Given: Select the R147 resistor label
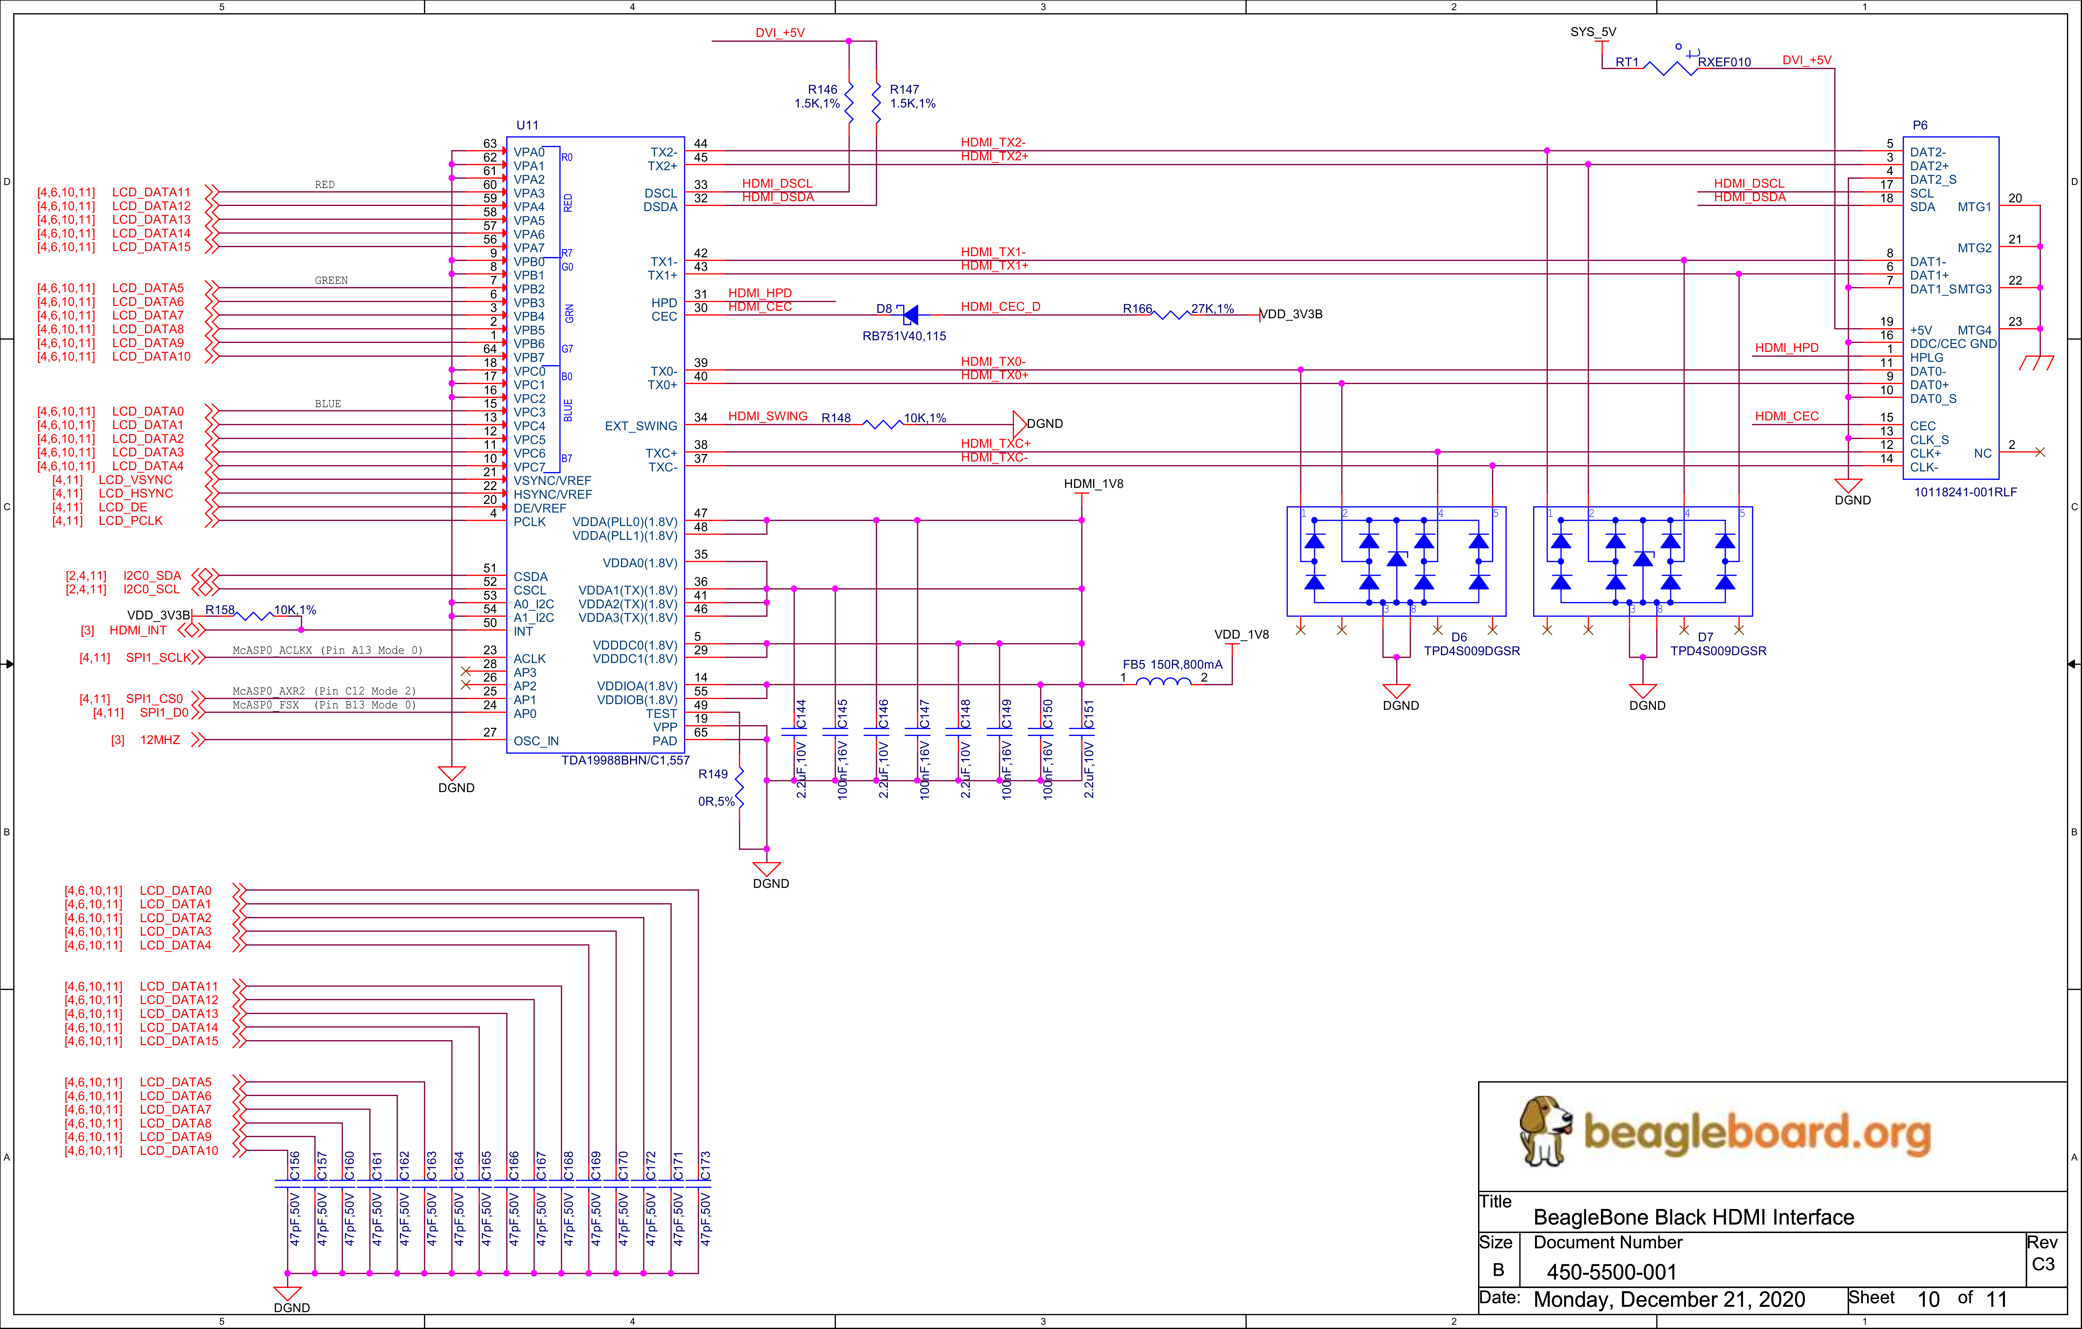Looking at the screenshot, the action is click(x=904, y=89).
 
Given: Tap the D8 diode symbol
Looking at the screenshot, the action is click(x=909, y=315).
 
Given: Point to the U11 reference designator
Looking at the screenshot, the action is click(x=527, y=125).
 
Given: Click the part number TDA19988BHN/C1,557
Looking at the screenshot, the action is click(x=625, y=760).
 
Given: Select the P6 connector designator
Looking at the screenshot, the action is click(x=1920, y=125).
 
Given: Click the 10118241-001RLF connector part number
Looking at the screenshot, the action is click(x=1965, y=492).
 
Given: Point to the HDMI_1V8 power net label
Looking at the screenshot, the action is click(x=1094, y=483).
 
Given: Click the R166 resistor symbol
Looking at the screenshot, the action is click(x=1172, y=315).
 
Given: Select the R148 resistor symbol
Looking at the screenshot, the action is click(x=884, y=424).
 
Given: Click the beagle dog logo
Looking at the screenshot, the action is click(x=1546, y=1130).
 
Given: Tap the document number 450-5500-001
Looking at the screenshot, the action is click(x=1612, y=1272).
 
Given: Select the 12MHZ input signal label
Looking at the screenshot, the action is click(x=160, y=740).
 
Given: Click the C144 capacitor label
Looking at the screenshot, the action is click(x=801, y=714).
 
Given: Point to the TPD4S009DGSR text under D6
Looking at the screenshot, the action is click(x=1472, y=651).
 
